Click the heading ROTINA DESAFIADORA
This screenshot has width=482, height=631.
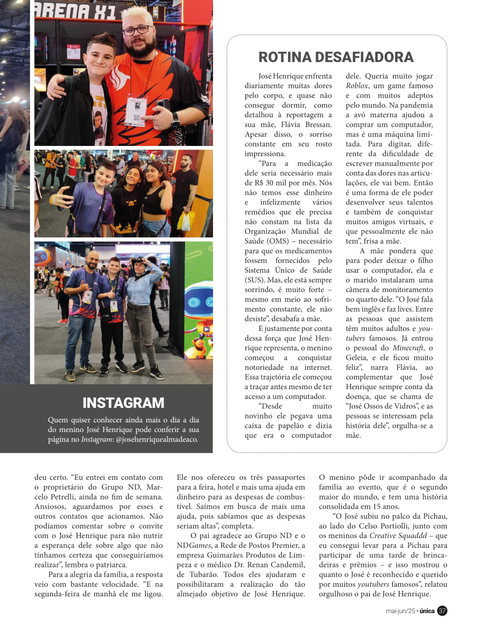point(336,57)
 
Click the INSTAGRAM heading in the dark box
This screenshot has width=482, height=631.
point(123,403)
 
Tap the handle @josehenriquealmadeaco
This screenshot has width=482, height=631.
point(157,439)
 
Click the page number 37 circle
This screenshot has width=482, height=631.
point(442,611)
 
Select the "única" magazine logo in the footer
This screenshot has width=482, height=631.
point(427,611)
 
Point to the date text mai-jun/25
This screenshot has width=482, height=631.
point(400,611)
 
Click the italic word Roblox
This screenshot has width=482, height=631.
point(357,86)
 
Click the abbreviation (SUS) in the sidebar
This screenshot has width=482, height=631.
point(254,280)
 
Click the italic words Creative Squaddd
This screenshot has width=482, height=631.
point(398,536)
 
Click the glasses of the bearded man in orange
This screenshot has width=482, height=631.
point(136,30)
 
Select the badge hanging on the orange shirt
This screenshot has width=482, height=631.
point(136,109)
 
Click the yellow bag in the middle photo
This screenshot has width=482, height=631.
point(184,222)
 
